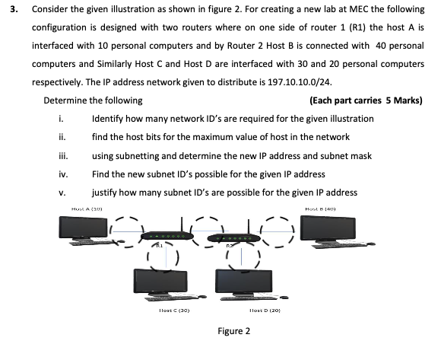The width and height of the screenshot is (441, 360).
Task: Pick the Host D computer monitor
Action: (x=248, y=281)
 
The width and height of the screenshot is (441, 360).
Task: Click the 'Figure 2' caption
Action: (x=234, y=331)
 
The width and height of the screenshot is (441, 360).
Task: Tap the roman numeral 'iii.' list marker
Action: (x=63, y=155)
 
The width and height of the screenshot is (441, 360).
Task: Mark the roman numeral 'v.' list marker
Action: (x=62, y=192)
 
